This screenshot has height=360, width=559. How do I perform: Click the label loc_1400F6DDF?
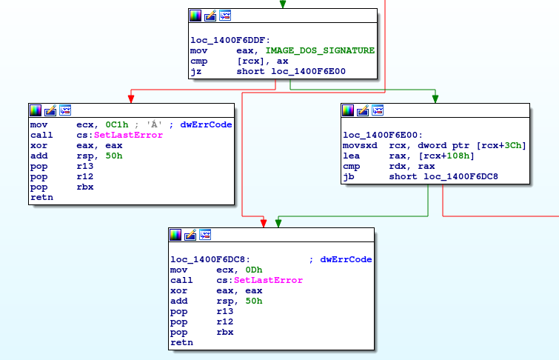coord(230,40)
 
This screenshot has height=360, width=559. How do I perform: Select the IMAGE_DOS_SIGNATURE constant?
coord(320,50)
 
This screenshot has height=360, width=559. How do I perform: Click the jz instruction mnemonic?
coord(195,71)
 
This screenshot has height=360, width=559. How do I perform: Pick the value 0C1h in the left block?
coord(116,124)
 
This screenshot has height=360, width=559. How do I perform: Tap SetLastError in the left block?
coord(128,135)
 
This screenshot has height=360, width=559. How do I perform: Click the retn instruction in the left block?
coord(41,197)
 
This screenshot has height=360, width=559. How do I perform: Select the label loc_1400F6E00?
coord(383,135)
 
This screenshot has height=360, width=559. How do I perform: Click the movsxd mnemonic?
coord(360,145)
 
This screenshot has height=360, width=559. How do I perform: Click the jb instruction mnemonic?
coord(349,176)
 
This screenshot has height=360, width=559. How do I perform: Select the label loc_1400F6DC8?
coord(210,259)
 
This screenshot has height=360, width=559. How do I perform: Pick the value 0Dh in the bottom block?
coord(254,270)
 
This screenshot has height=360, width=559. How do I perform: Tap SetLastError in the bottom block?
coord(268,280)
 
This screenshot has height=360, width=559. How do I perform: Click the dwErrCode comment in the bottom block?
coord(346,259)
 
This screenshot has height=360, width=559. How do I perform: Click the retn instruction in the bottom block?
coord(181,342)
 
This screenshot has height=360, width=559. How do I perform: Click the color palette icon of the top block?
coord(195,16)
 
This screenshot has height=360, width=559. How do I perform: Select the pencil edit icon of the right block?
coord(363,110)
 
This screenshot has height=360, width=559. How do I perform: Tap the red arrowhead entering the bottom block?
coord(264,224)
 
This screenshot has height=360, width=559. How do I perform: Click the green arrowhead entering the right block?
coord(435,99)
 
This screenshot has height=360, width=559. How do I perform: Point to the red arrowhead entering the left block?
coord(131,99)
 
